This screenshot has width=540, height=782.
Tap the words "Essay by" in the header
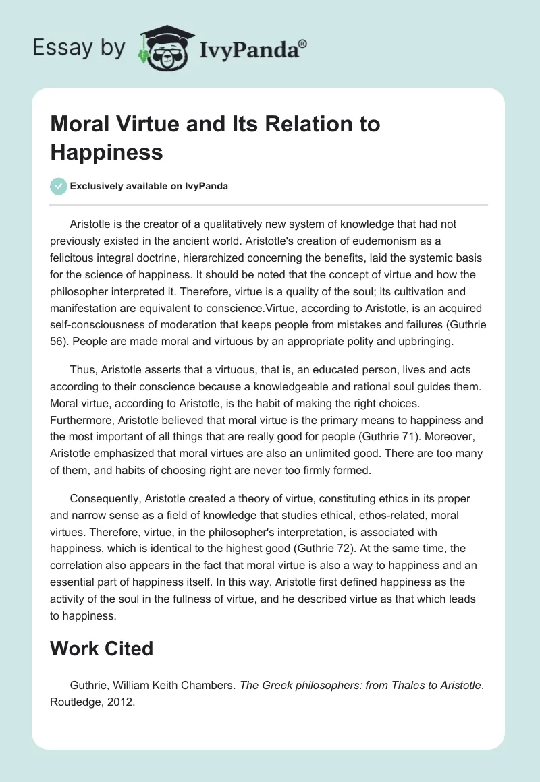[79, 48]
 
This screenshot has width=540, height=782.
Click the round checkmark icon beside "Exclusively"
[59, 186]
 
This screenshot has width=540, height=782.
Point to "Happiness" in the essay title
[107, 152]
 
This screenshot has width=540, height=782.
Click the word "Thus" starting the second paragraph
[82, 369]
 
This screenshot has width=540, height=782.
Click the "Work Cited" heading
[102, 649]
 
